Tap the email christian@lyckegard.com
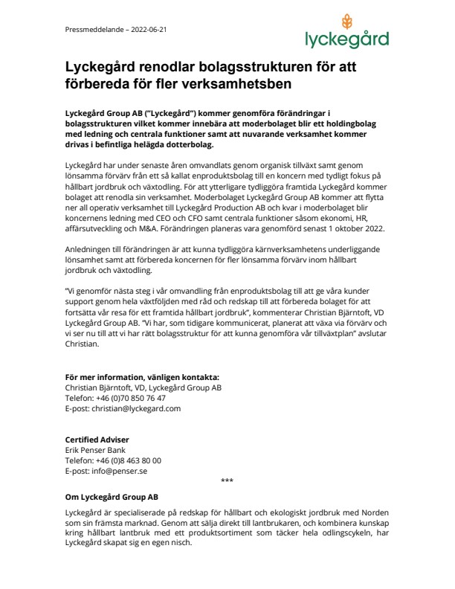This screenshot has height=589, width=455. tap(136, 408)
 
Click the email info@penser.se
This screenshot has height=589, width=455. tap(120, 471)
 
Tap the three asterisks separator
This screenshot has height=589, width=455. tap(227, 480)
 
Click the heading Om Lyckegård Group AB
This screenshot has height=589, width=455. tap(112, 497)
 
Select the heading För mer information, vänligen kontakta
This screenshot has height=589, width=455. tap(142, 377)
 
